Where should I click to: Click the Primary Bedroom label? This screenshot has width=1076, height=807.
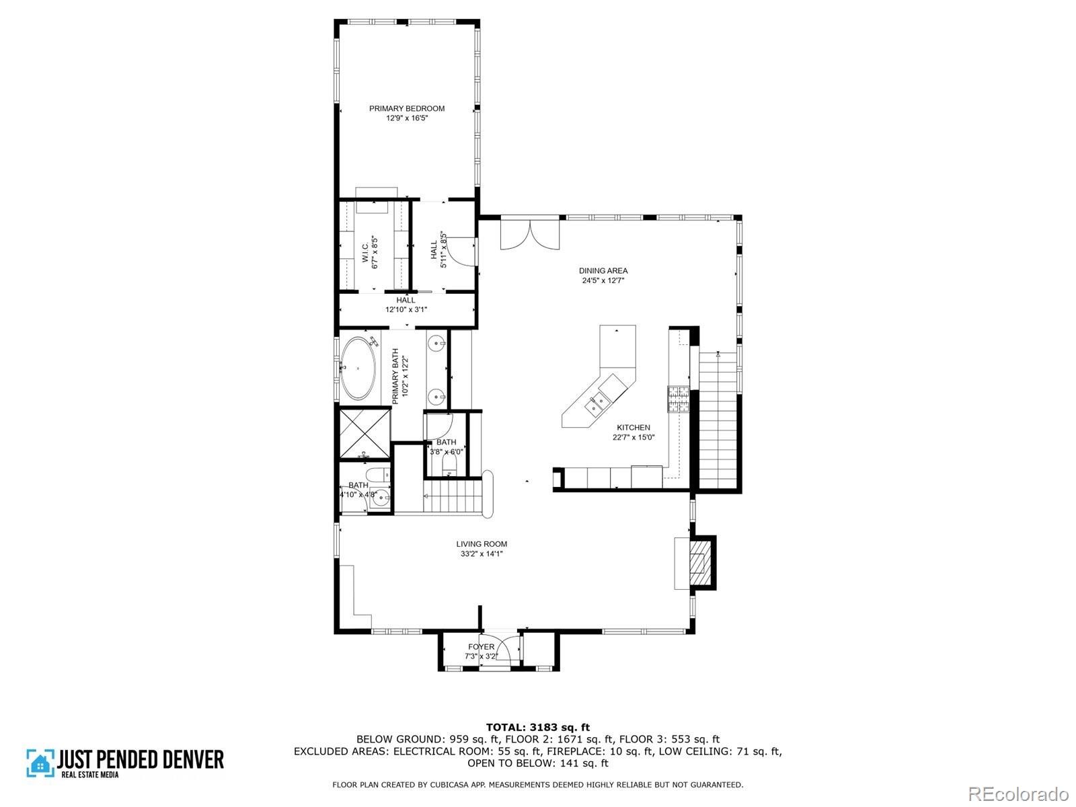point(407,108)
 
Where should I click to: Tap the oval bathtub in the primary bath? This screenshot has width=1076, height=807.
point(358,368)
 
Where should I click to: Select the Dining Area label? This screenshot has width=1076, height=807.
point(603,270)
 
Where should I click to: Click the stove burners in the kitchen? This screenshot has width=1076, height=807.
point(678,399)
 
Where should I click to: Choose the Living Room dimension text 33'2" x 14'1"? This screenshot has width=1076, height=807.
point(482,553)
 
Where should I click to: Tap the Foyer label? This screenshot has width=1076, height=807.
point(481,647)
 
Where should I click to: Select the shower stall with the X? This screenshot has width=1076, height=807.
point(364,433)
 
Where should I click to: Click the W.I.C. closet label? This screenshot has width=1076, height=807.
point(366,253)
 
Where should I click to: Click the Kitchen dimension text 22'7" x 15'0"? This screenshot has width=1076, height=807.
point(633,438)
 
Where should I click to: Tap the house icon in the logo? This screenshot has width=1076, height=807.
point(40,763)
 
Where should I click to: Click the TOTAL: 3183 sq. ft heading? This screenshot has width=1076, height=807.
point(538,727)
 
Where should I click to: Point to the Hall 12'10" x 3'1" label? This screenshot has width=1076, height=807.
point(406,305)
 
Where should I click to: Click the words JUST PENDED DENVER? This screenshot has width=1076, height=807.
point(141,760)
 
